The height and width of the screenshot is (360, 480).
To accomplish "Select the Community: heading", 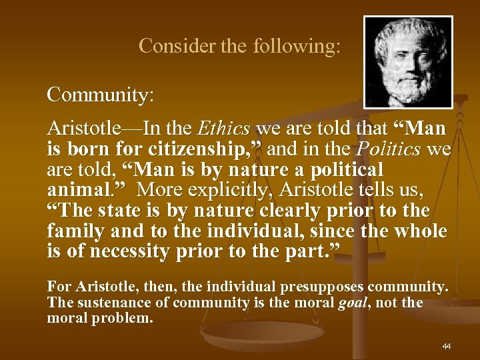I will pyautogui.click(x=101, y=95).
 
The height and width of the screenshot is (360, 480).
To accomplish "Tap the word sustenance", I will pyautogui.click(x=108, y=303).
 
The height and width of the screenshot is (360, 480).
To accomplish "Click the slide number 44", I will pyautogui.click(x=446, y=347).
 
